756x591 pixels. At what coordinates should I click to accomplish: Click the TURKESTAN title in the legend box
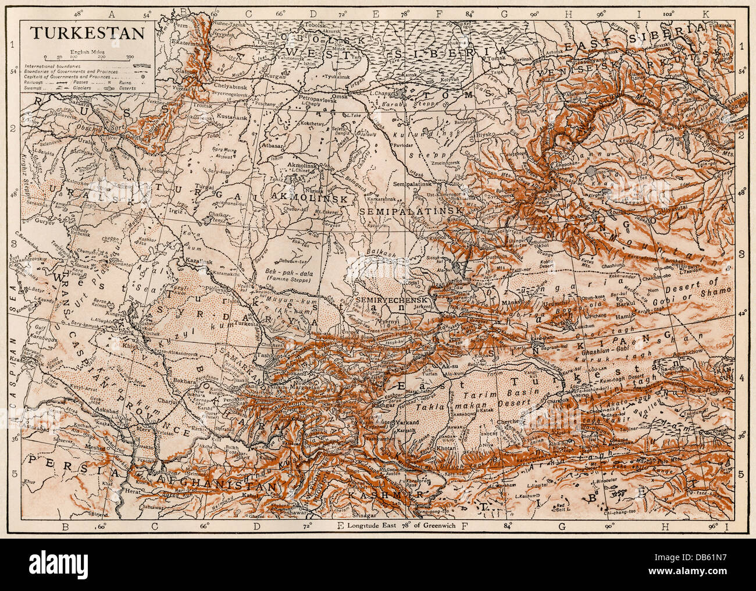coord(87,33)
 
